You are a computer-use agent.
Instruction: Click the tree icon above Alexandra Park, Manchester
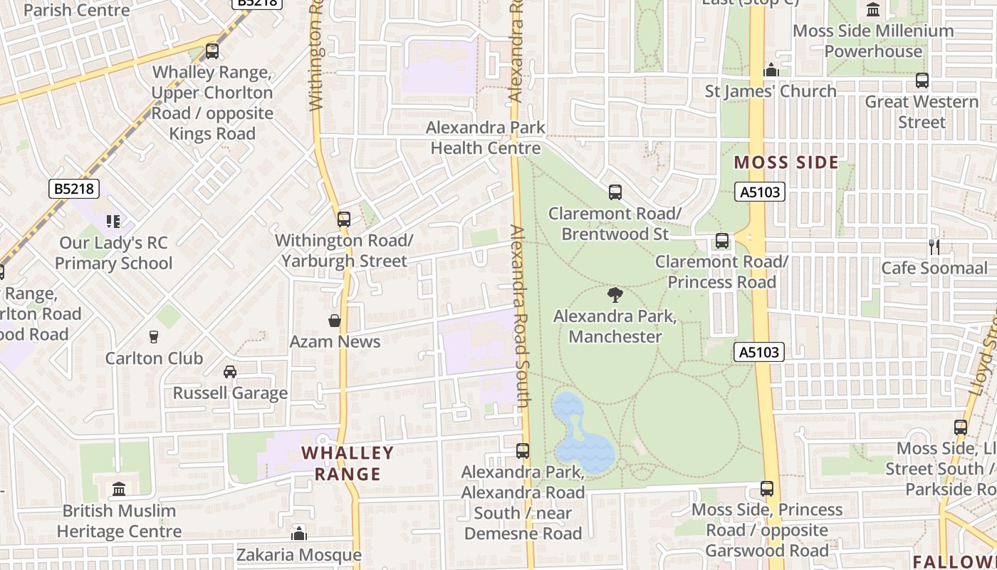[x=615, y=295]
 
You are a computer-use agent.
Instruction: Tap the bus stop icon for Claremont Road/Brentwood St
[x=615, y=192]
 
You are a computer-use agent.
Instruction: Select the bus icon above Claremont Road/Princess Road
[x=722, y=241]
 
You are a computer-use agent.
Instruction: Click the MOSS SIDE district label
[x=786, y=162]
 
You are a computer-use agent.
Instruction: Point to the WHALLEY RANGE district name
[x=348, y=463]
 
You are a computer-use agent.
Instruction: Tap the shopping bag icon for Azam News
[x=335, y=321]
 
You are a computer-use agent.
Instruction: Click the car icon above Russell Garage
[x=230, y=372]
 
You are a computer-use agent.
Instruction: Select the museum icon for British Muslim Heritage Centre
[x=119, y=489]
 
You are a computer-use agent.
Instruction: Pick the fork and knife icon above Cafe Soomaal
[x=934, y=247]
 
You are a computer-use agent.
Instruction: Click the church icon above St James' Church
[x=771, y=70]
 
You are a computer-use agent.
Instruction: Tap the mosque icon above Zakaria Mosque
[x=299, y=533]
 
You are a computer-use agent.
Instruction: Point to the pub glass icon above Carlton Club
[x=154, y=337]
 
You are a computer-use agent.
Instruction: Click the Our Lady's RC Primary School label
[x=114, y=254]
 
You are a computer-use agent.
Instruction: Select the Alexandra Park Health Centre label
[x=486, y=138]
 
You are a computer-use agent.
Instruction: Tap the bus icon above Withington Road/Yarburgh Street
[x=344, y=219]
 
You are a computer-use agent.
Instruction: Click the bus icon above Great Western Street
[x=922, y=81]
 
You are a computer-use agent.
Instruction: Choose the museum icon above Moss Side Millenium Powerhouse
[x=873, y=9]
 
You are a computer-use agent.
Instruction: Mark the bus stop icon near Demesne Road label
[x=523, y=451]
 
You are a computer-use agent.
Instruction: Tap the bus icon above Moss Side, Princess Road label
[x=767, y=489]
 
